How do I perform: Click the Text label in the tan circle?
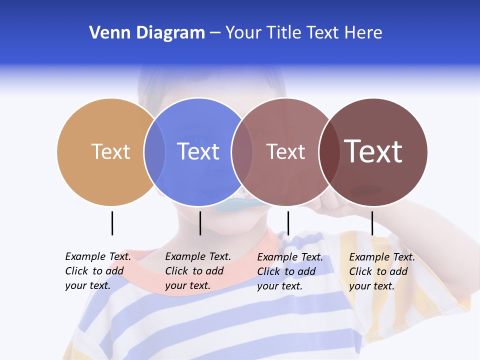[x=110, y=151]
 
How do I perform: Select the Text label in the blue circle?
[x=198, y=151]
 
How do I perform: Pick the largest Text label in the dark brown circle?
[x=373, y=151]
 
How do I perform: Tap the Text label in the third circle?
[x=285, y=151]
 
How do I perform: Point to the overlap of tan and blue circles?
[x=154, y=151]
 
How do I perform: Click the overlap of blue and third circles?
[x=242, y=151]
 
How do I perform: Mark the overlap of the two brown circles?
[x=329, y=151]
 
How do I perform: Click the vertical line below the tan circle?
[x=112, y=223]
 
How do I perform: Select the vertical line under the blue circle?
[x=200, y=223]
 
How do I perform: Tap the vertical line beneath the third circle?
[x=288, y=223]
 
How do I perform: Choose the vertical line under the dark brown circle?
[x=372, y=223]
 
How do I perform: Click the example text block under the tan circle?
[x=98, y=271]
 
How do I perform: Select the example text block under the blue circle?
[x=198, y=271]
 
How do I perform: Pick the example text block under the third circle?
[x=290, y=271]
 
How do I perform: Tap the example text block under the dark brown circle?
[x=382, y=271]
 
